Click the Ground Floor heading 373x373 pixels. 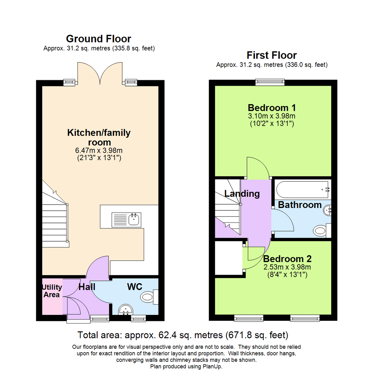(98, 38)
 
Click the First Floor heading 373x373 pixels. (271, 55)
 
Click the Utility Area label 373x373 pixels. (52, 291)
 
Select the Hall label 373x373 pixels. (86, 287)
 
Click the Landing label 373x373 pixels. (242, 194)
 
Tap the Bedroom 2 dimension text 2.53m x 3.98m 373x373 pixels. (287, 267)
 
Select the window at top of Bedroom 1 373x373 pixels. (270, 82)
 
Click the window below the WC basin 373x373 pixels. (138, 317)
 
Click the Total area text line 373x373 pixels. (183, 335)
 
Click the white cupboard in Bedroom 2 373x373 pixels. (228, 258)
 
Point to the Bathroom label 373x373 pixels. (300, 205)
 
